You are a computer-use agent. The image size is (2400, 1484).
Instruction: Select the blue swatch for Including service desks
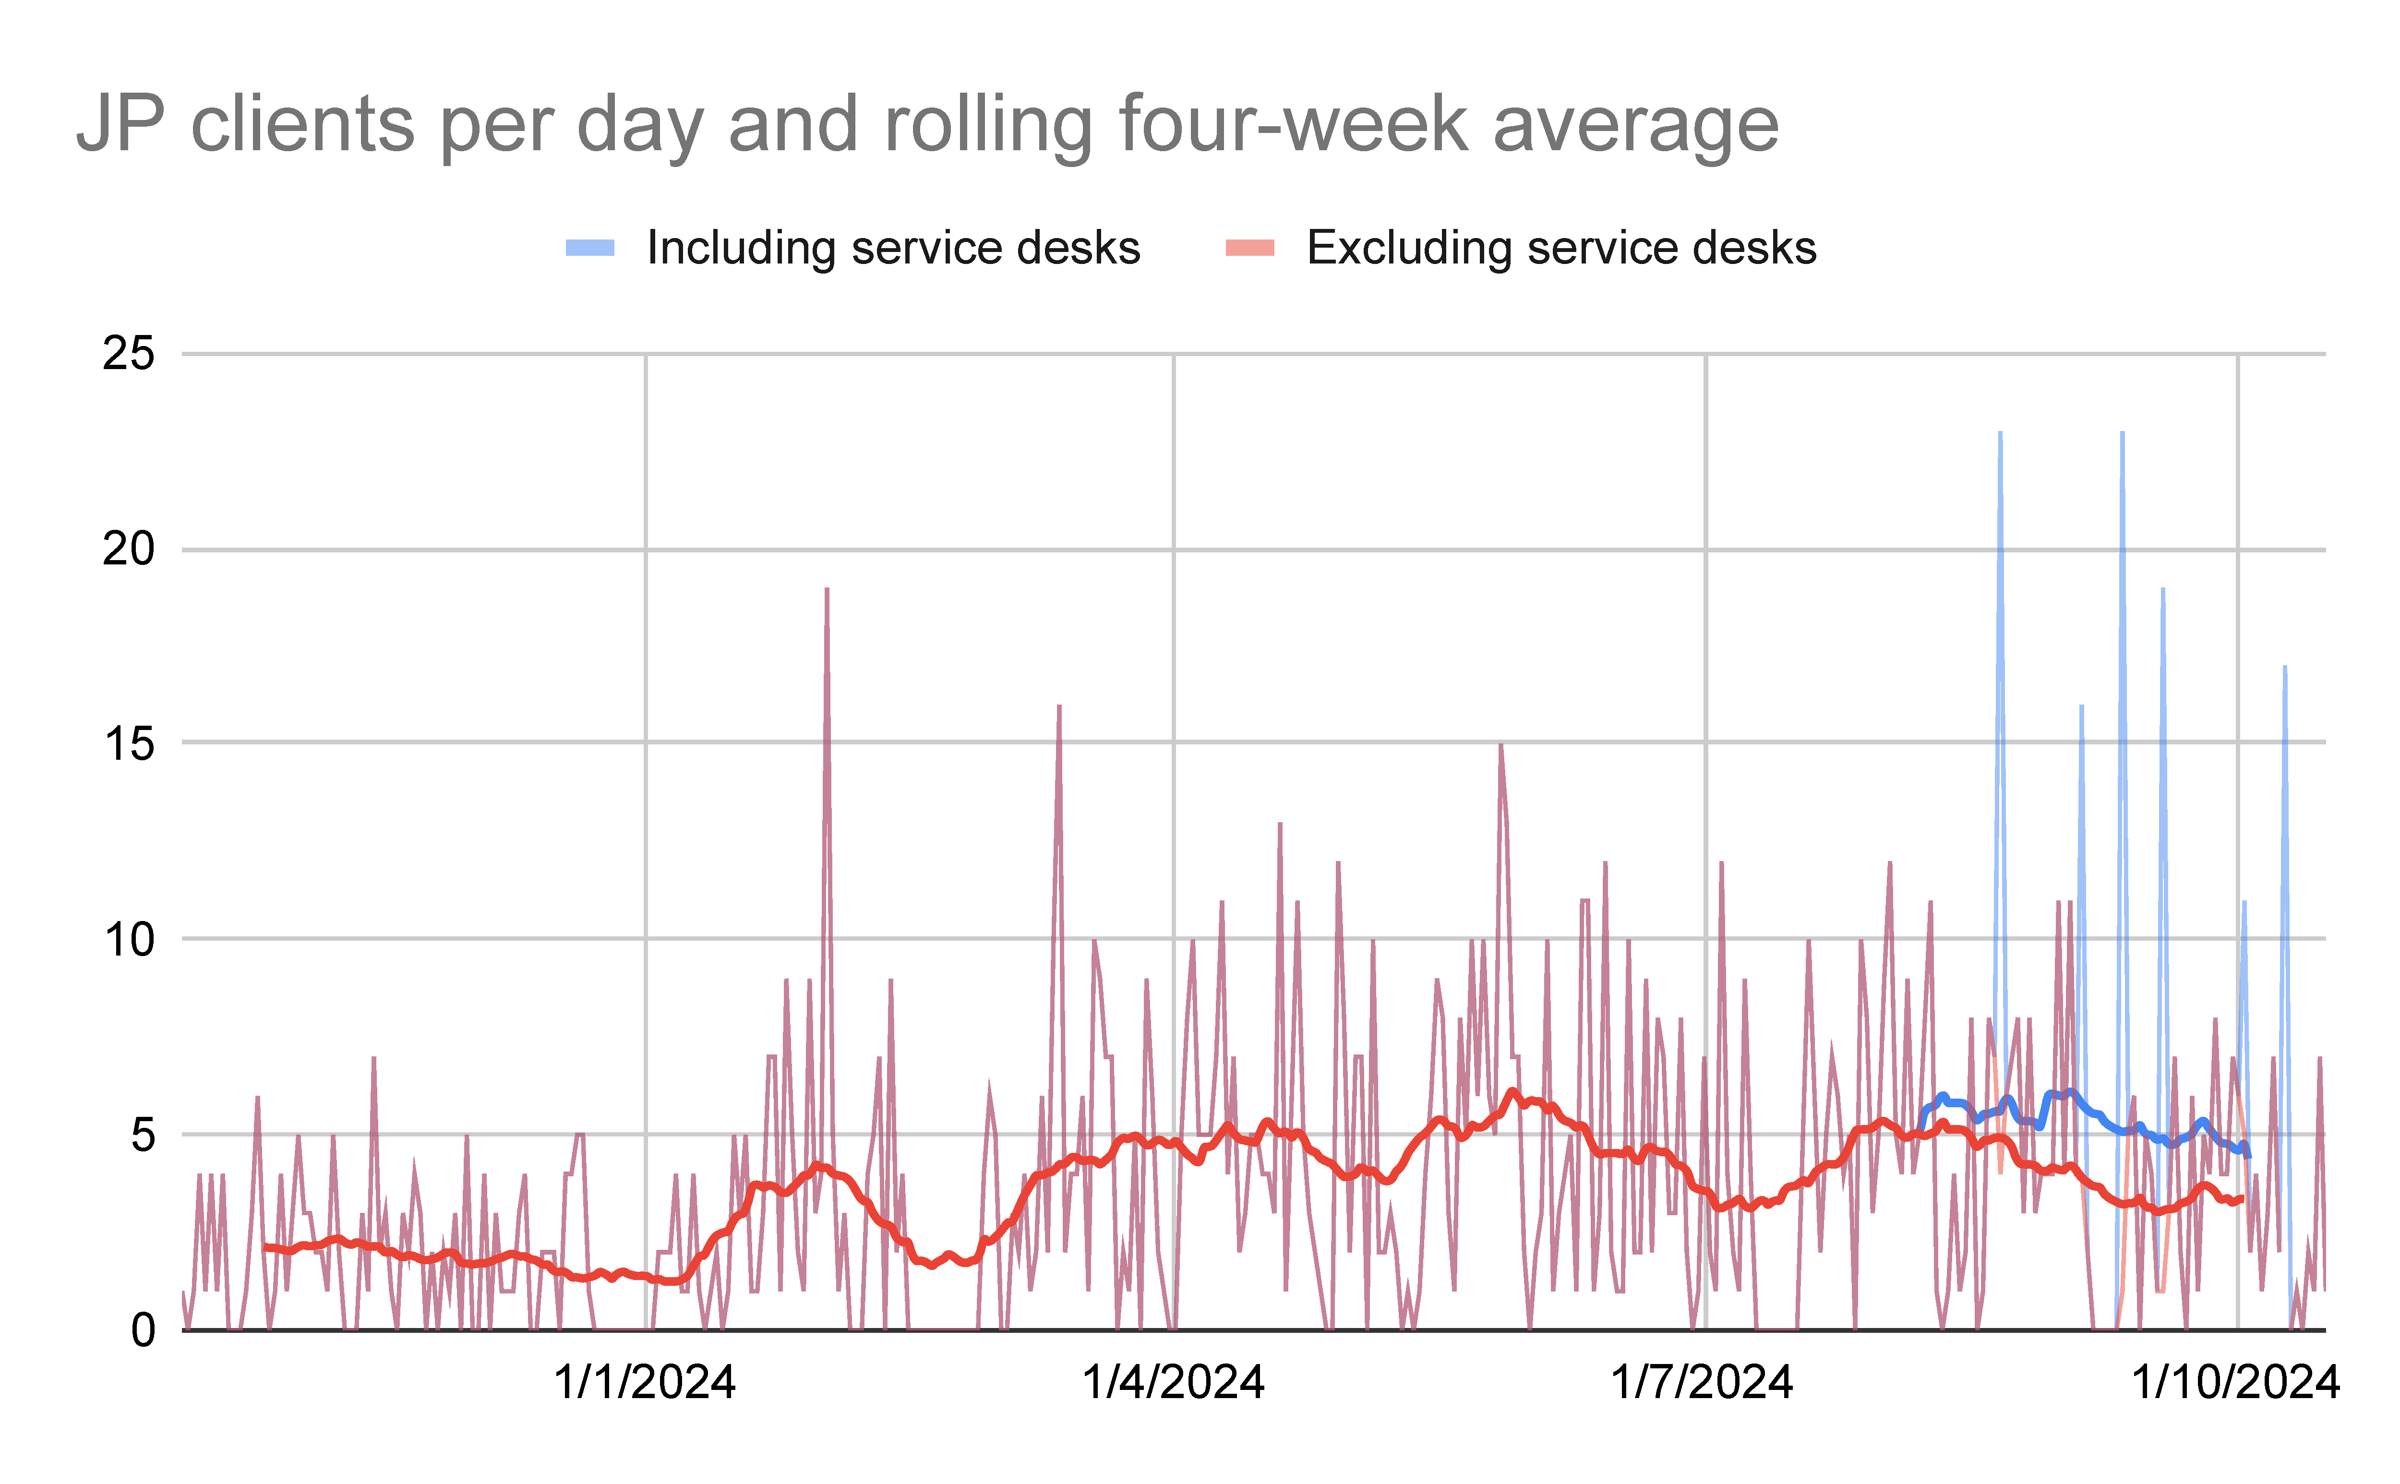590,247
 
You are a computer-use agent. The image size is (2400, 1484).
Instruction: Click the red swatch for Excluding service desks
1249,247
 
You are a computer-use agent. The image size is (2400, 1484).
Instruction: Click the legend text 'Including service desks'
893,247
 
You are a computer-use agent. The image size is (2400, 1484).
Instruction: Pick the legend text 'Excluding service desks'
1561,247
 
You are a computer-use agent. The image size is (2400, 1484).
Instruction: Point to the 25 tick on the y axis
129,353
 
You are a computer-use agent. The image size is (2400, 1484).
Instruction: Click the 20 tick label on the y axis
129,549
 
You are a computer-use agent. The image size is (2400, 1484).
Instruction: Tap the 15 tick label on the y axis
129,744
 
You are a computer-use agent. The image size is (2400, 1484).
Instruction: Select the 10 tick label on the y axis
129,939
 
